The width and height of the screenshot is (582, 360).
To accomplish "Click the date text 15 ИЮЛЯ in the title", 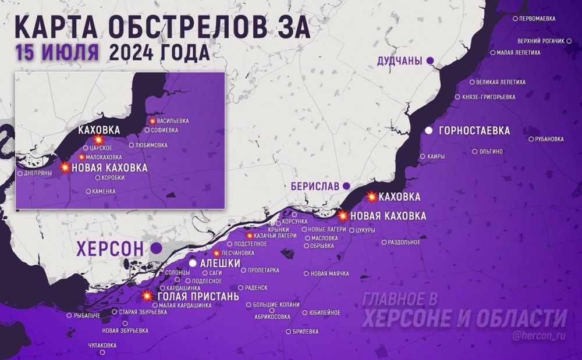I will [x=57, y=52].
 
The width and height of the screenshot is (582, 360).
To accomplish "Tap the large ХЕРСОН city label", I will [x=110, y=249].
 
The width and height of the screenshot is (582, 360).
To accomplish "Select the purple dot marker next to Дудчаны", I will [x=430, y=60].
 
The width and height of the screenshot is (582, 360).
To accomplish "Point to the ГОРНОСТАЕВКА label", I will [x=475, y=131].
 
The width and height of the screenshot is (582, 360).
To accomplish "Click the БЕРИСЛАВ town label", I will [x=315, y=186].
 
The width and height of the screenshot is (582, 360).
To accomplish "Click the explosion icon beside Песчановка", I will [x=217, y=253].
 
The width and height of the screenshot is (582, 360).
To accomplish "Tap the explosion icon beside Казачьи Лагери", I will [x=250, y=236].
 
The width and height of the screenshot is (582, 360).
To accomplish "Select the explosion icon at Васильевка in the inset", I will [x=152, y=121].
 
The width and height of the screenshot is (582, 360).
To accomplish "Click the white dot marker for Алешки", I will [x=193, y=264].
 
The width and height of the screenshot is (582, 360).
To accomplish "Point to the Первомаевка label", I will [x=537, y=19].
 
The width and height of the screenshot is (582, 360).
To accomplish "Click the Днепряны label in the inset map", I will [x=39, y=173].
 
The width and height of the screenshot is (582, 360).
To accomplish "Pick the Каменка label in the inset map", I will [x=103, y=191].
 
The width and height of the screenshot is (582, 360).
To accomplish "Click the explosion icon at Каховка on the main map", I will [x=372, y=197].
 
